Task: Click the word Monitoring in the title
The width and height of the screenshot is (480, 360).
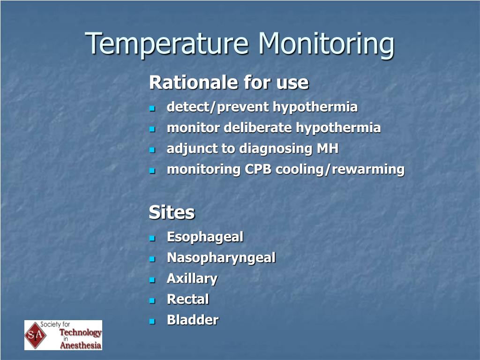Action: [x=326, y=45]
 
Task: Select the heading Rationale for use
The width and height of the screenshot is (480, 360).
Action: [x=229, y=82]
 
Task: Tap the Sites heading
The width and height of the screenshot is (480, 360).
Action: [x=172, y=212]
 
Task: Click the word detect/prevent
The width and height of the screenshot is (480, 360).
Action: [x=217, y=107]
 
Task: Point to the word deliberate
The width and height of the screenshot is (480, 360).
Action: [x=258, y=127]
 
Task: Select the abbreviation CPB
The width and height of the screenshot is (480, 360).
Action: [x=258, y=169]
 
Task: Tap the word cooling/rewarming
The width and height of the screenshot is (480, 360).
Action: [x=340, y=170]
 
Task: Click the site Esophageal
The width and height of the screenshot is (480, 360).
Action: [x=205, y=237]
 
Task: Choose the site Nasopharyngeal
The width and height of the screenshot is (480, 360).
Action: [x=221, y=258]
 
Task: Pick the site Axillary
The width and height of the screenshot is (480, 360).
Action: [x=192, y=279]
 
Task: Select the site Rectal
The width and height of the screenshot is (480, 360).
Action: [x=188, y=299]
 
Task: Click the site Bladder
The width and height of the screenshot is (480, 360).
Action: [x=193, y=320]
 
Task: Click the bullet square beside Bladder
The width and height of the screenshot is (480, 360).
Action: [x=152, y=321]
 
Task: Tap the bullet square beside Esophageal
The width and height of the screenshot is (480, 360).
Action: [x=152, y=238]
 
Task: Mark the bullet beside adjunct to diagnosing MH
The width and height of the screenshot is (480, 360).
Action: [x=152, y=150]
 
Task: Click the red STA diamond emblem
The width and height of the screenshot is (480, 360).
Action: [x=36, y=335]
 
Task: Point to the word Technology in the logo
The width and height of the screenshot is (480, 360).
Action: [x=80, y=332]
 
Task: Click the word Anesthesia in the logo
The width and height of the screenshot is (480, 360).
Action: [x=81, y=345]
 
